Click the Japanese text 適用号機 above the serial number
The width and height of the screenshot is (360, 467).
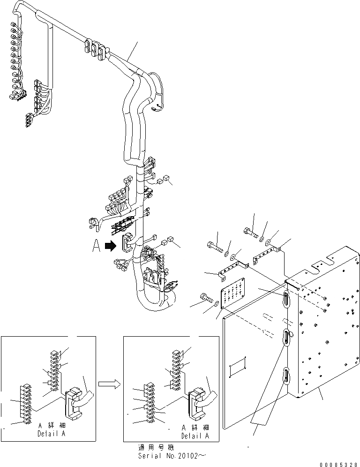tap(153, 447)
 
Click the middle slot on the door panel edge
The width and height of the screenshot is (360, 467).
tap(286, 338)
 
